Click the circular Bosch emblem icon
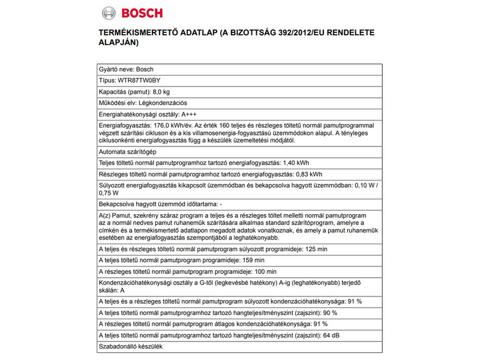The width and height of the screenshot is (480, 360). [x=108, y=13]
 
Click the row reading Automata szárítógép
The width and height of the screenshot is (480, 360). [x=127, y=152]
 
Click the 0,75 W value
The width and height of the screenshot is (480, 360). [x=109, y=193]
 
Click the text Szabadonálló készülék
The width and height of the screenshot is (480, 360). [x=130, y=346]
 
